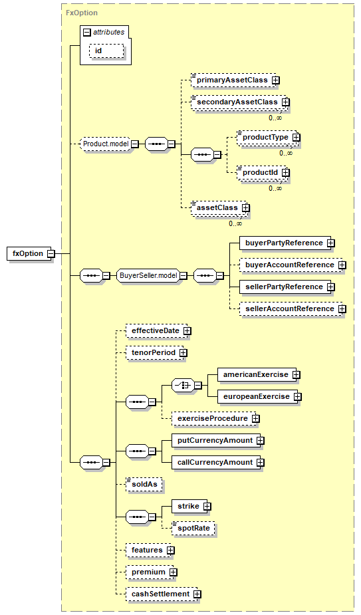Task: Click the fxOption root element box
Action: pos(29,254)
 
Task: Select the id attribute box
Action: pos(106,51)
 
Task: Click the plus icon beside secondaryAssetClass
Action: pos(286,102)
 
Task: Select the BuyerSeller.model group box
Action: pos(149,276)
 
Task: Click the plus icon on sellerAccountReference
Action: pos(342,309)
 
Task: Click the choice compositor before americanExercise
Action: pos(183,386)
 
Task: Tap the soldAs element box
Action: pos(144,485)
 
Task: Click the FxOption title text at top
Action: pos(82,13)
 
